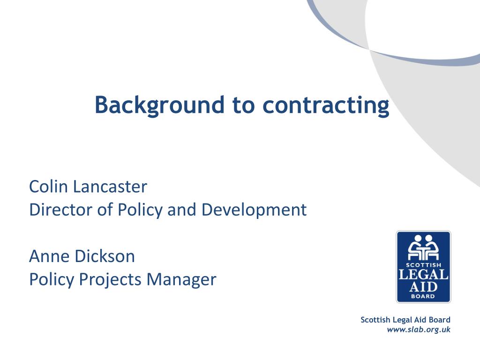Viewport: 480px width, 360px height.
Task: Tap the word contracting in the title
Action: [x=326, y=105]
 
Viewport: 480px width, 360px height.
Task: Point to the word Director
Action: [x=58, y=210]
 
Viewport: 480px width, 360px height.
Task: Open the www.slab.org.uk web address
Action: [x=419, y=330]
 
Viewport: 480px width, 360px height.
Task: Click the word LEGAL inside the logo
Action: [x=423, y=274]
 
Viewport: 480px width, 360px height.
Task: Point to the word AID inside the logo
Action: [x=423, y=286]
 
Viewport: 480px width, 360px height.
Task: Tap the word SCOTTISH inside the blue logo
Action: [x=423, y=264]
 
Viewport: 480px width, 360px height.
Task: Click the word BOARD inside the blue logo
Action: [x=423, y=296]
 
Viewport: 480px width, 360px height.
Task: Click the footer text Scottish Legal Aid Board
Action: [x=405, y=320]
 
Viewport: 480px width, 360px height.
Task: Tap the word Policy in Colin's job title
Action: [x=138, y=210]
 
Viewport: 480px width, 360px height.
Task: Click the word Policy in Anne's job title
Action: [x=51, y=279]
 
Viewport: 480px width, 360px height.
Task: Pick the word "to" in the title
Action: [x=243, y=105]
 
